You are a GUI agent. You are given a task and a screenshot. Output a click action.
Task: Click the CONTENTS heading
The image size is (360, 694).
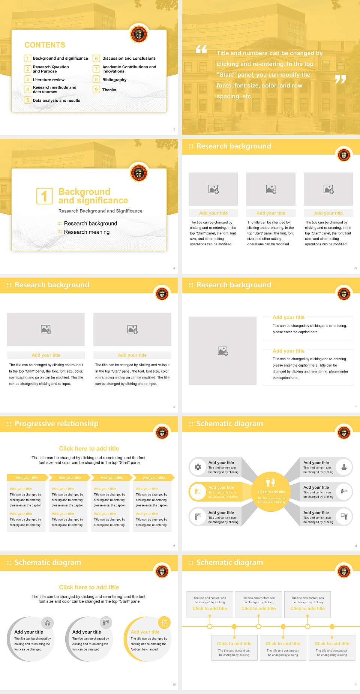(x=45, y=45)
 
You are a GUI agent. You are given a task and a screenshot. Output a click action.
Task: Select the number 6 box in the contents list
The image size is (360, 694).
(x=96, y=59)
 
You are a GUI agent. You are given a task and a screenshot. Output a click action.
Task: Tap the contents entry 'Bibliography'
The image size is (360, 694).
(x=114, y=80)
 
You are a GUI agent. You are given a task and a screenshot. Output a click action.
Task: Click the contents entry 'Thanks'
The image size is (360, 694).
(x=109, y=90)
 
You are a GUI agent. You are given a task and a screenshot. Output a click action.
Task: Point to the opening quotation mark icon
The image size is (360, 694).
(x=201, y=49)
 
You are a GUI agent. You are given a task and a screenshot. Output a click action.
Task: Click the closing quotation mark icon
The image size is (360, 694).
(x=340, y=79)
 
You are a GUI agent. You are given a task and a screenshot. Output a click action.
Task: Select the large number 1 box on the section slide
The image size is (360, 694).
(x=44, y=196)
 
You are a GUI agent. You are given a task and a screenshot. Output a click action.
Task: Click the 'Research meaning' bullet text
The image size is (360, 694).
(x=87, y=232)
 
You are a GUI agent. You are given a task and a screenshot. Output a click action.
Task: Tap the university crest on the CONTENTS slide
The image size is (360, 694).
(x=138, y=35)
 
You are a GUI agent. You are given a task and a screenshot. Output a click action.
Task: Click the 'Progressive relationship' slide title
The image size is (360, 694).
(x=56, y=424)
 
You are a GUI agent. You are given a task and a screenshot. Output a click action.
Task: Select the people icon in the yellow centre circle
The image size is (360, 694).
(x=270, y=482)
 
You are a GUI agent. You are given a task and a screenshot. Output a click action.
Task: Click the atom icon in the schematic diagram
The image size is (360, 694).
(x=198, y=467)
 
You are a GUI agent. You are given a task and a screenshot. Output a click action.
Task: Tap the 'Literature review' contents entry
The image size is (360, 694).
(x=48, y=80)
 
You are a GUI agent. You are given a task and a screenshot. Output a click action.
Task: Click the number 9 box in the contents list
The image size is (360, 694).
(x=96, y=90)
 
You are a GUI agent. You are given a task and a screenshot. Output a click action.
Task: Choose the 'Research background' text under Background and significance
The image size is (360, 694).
(x=90, y=224)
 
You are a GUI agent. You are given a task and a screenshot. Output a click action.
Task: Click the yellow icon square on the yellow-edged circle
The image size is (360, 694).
(x=164, y=623)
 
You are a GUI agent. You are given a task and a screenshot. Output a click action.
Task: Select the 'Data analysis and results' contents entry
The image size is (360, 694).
(x=56, y=101)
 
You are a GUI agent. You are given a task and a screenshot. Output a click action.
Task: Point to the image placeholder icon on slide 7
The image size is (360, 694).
(x=223, y=351)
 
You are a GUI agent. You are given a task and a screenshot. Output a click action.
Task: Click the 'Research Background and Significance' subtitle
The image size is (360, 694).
(x=100, y=211)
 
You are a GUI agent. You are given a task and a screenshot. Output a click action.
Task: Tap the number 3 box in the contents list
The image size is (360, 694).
(x=27, y=80)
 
